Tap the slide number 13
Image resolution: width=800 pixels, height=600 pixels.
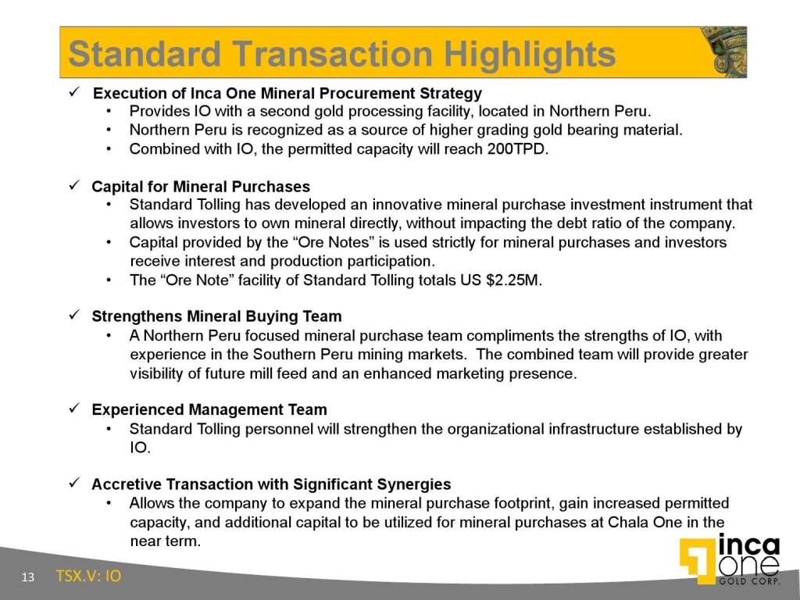point(27,577)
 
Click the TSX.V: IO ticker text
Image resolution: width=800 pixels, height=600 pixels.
point(88,576)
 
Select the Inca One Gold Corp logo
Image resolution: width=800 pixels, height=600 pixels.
point(730,559)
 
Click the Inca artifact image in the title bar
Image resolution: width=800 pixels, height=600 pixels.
point(723,52)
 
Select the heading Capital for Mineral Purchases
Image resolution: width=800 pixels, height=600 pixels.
point(201,187)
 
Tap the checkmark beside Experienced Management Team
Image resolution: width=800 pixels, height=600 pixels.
point(74,408)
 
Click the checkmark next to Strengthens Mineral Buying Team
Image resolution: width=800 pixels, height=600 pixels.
point(74,315)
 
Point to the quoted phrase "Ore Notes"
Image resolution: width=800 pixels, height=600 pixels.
point(327,242)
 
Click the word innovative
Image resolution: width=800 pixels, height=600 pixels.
point(408,205)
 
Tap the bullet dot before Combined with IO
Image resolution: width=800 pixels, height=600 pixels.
point(108,149)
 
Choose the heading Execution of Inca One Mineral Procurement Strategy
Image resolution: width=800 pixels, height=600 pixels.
point(287,94)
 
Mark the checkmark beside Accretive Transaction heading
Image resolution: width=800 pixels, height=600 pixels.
point(74,483)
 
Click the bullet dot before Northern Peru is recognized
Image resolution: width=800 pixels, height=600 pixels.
point(108,130)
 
